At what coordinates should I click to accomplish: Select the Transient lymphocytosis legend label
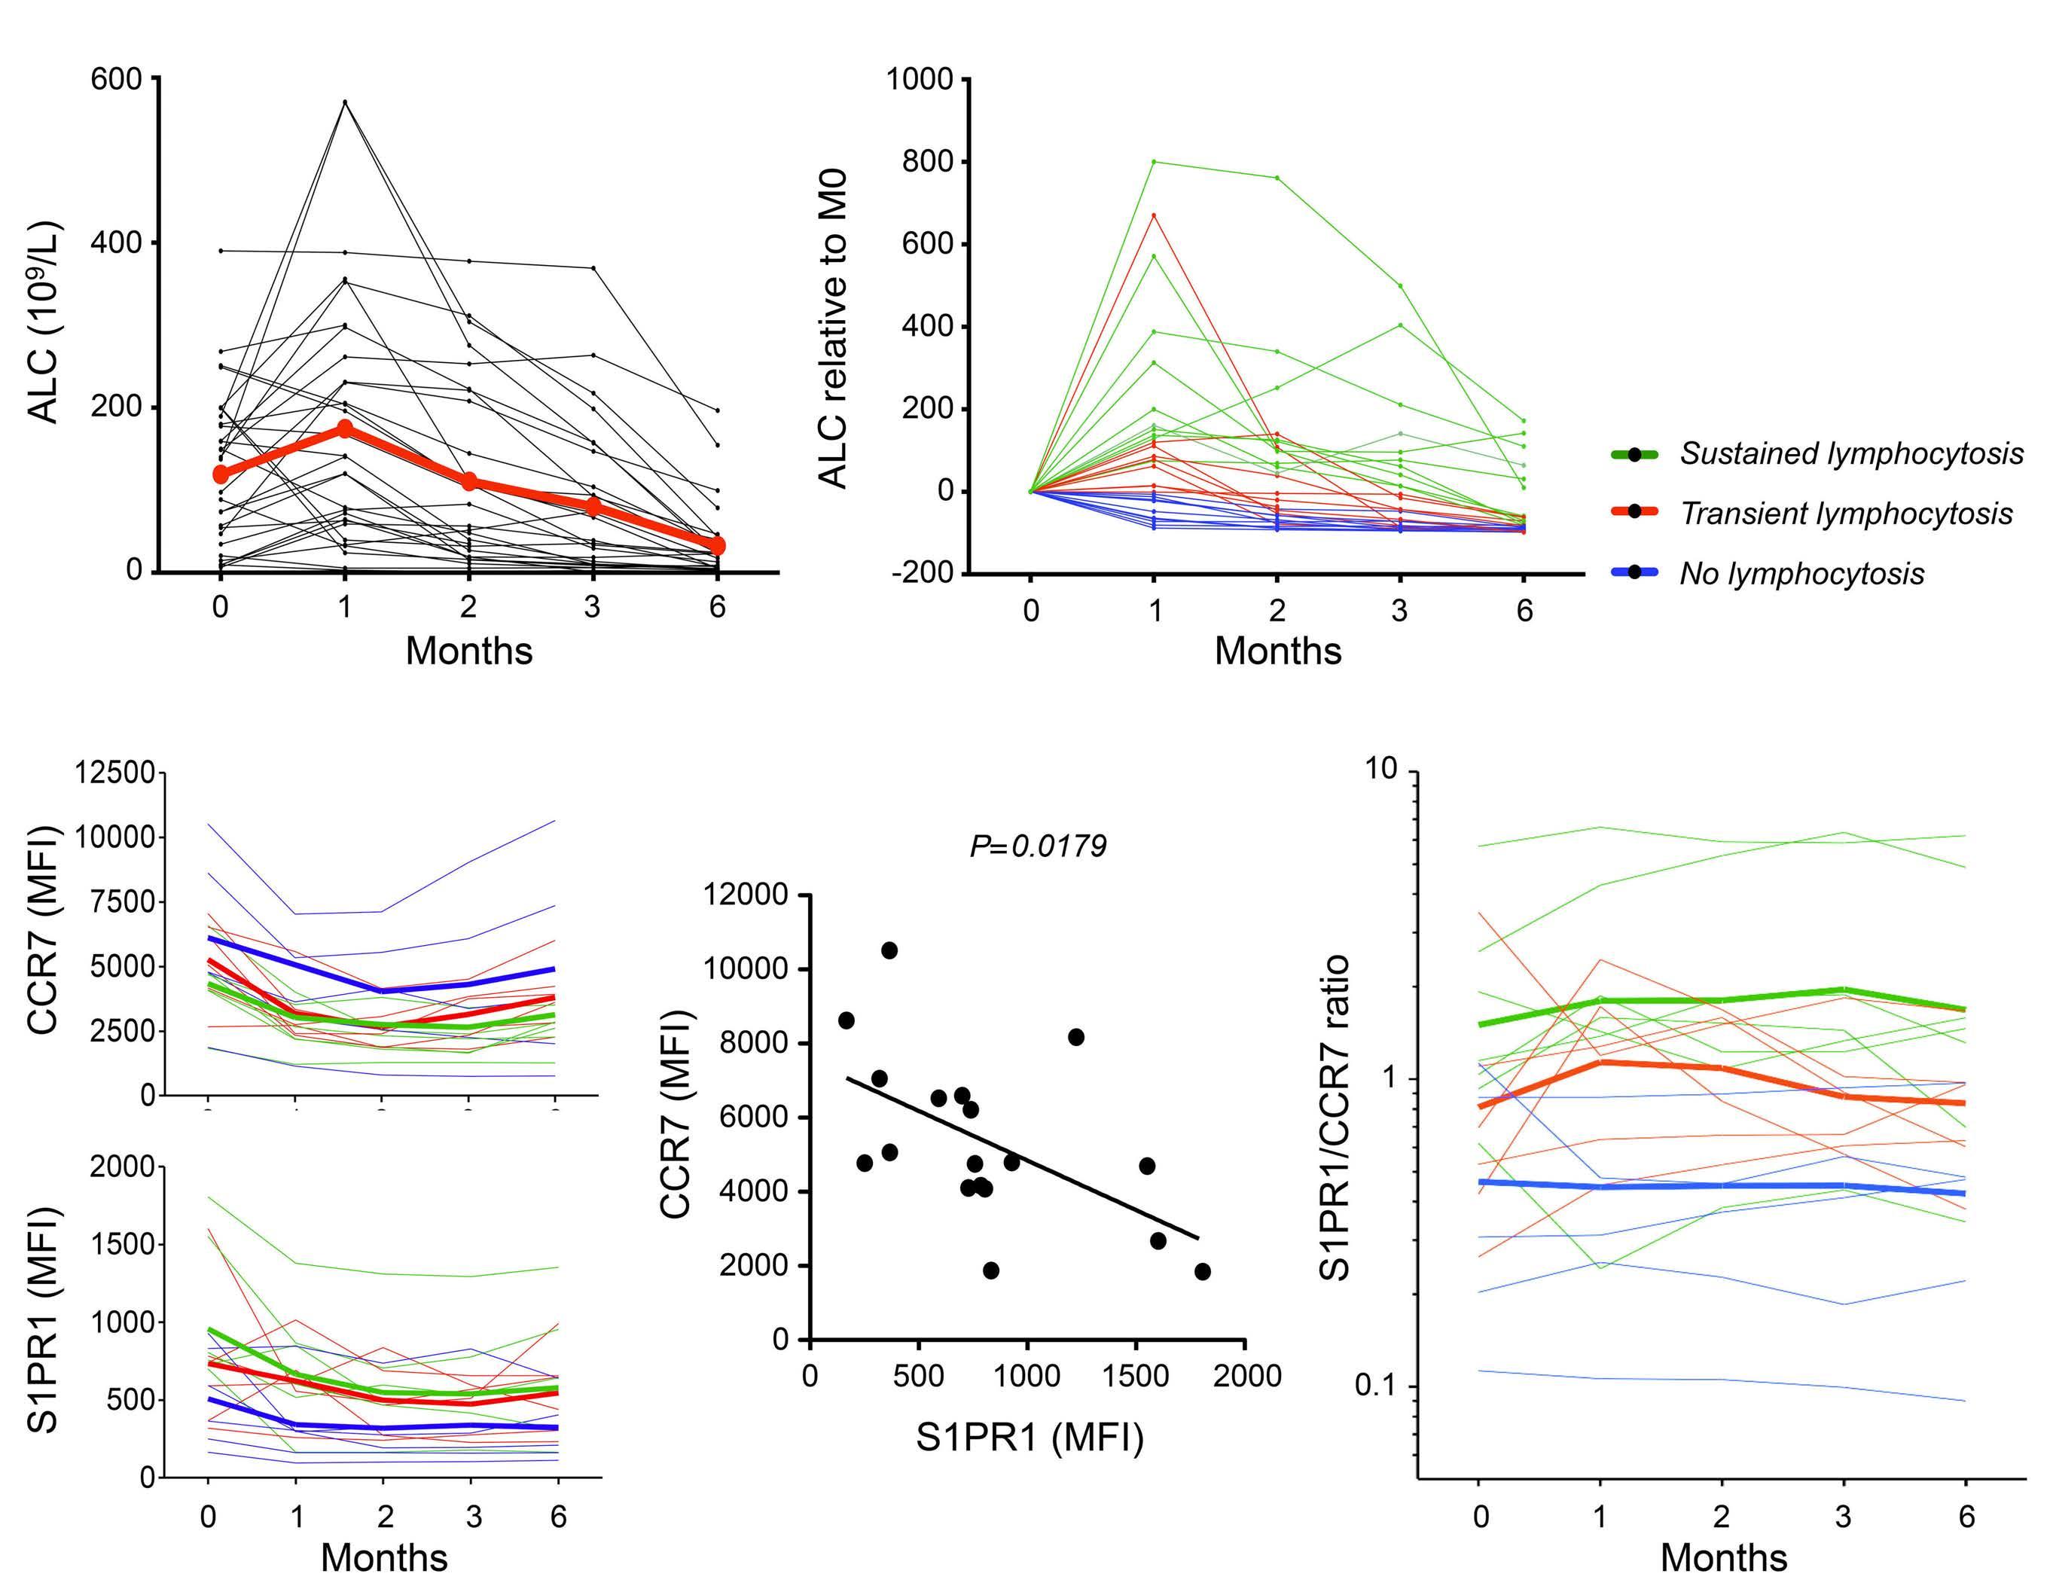1845,514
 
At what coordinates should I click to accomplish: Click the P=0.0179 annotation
1037,846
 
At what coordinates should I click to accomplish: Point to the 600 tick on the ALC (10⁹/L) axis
115,79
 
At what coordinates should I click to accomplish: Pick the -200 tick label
925,574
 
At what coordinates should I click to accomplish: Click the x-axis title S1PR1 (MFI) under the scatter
1030,1438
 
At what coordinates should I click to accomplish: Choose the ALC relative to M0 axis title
834,328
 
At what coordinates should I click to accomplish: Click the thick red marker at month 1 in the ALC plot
344,428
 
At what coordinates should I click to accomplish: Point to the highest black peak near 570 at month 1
344,102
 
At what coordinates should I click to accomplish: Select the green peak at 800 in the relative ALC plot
1154,161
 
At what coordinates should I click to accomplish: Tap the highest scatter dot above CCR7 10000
889,950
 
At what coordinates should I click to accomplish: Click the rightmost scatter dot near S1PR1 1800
1203,1271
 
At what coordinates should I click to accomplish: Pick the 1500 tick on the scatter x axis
1136,1377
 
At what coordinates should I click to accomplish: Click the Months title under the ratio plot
1723,1557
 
